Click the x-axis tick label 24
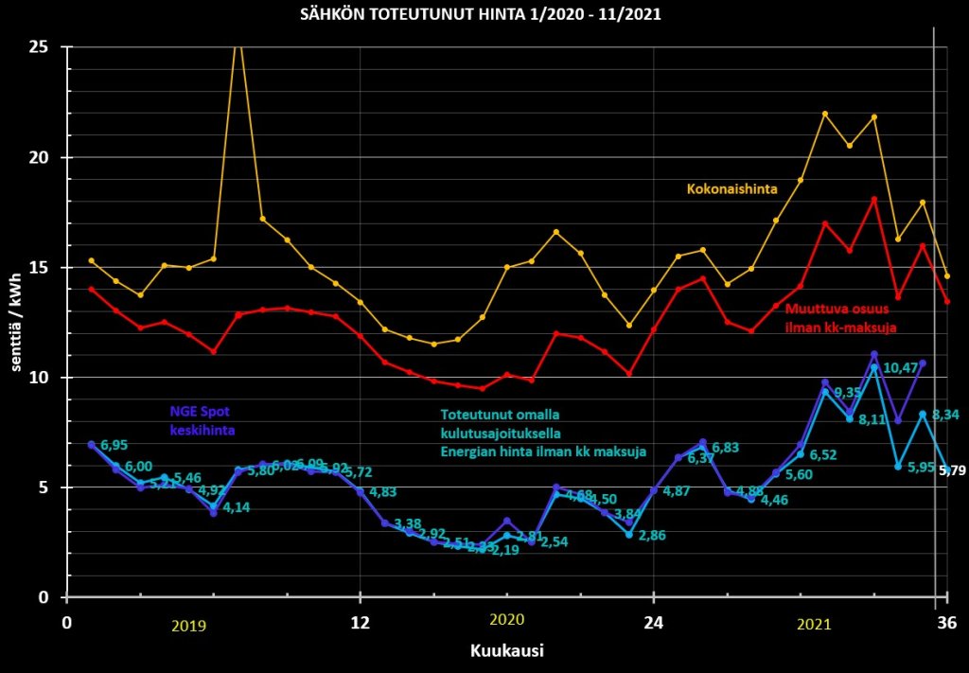tap(653, 622)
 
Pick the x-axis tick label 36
tap(946, 622)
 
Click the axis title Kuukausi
tap(506, 651)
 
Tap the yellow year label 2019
tap(188, 626)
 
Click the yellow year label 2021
tap(814, 626)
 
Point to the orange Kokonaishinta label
tap(731, 189)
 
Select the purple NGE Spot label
tap(201, 412)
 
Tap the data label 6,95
tap(115, 445)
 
